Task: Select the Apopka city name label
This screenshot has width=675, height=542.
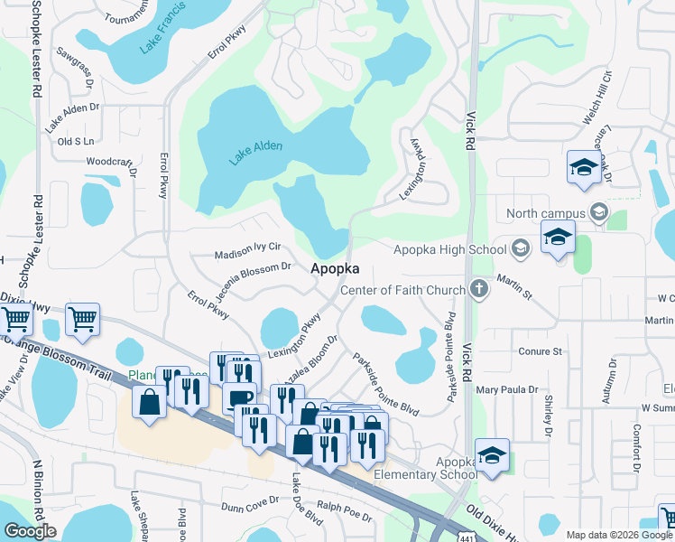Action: click(336, 268)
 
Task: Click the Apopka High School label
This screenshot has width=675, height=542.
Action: click(449, 249)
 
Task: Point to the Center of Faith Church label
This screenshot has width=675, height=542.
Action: click(402, 290)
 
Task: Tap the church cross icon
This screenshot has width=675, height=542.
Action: click(478, 290)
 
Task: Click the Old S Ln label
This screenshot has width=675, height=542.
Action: click(76, 142)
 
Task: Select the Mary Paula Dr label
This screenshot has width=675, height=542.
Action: click(507, 390)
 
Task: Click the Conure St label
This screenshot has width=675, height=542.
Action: click(541, 350)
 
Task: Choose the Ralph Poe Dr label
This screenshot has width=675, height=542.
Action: click(344, 511)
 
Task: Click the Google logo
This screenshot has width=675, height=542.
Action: click(30, 531)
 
